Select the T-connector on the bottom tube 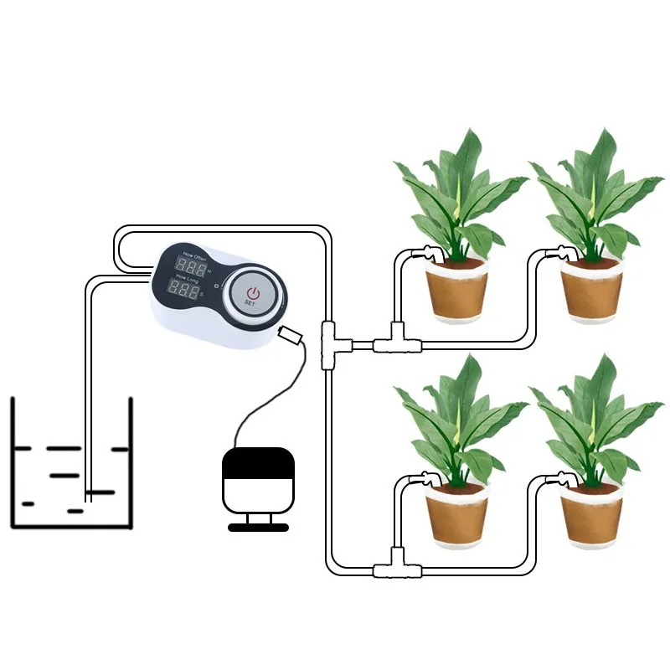391,568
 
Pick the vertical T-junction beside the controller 329,339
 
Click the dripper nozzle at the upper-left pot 430,251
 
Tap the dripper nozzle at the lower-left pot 429,479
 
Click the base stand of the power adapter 258,527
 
